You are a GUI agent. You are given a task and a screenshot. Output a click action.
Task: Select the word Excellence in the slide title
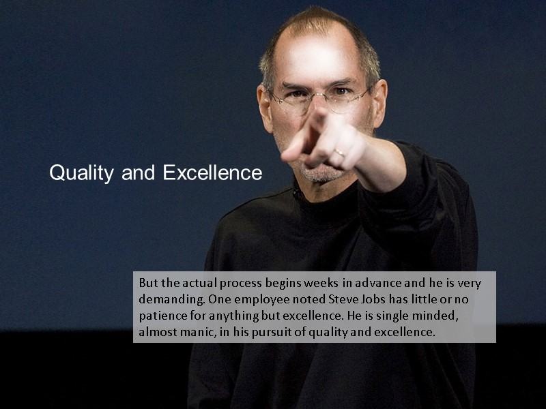(x=212, y=173)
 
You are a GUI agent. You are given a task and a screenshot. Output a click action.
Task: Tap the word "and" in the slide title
(x=139, y=173)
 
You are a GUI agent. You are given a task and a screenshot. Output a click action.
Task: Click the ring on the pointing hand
(x=339, y=153)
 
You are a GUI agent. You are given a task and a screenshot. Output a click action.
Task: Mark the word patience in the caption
(x=162, y=316)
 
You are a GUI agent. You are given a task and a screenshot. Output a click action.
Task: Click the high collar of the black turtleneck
(x=321, y=194)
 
